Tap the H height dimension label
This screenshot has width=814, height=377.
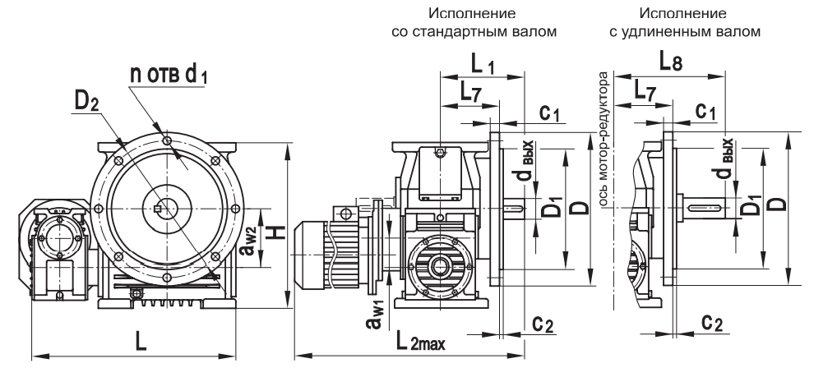coord(277,232)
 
